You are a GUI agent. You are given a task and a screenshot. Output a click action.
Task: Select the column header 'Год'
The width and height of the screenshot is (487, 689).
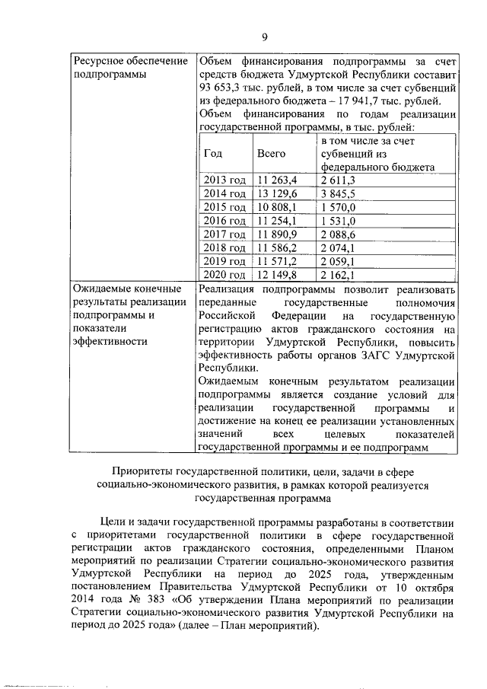click(x=214, y=153)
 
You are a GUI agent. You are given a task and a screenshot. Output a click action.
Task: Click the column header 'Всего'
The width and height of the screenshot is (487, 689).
click(x=271, y=153)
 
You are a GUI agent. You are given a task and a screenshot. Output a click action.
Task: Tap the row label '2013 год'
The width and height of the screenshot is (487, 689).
click(x=224, y=180)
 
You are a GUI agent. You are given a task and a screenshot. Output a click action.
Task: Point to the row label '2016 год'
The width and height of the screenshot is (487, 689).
click(x=224, y=221)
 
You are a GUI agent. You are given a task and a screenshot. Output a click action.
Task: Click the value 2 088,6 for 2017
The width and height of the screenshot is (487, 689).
click(x=338, y=234)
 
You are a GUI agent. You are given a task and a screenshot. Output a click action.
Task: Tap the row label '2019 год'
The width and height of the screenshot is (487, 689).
click(x=224, y=261)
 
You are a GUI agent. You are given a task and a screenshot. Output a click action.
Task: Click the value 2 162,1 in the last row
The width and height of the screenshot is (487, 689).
click(x=338, y=275)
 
